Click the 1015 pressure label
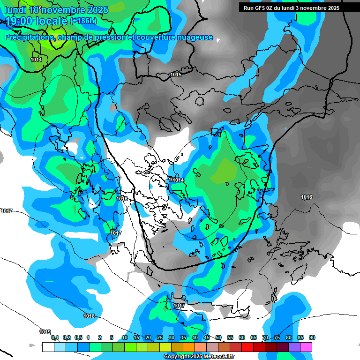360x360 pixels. point(176,75)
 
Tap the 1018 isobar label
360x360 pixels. point(89,316)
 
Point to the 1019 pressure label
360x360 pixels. point(45,332)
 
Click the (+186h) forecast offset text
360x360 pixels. point(83,21)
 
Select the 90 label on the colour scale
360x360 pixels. point(312,337)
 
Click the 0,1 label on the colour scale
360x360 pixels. point(54,337)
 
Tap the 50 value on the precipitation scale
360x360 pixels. point(218,337)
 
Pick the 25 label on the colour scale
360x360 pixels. point(160,337)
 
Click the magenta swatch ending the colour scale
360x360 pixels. point(306,347)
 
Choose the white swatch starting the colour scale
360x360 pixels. point(48,347)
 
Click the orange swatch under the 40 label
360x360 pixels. point(189,347)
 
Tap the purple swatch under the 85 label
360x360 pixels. point(294,347)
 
